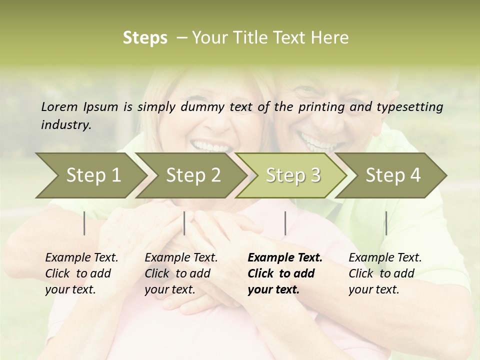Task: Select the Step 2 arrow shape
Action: click(x=192, y=175)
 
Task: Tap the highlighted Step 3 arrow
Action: click(x=292, y=175)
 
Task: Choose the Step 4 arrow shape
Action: click(x=392, y=175)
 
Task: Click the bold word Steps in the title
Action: click(x=145, y=38)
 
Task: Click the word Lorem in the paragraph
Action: click(x=59, y=107)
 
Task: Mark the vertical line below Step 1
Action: click(x=84, y=223)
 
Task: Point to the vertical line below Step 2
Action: click(x=184, y=223)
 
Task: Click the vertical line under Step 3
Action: click(x=285, y=223)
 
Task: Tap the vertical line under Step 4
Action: click(x=386, y=223)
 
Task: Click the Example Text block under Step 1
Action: click(x=81, y=273)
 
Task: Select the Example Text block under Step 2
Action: click(x=181, y=273)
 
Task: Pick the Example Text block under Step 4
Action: click(x=385, y=273)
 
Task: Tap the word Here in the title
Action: click(x=332, y=38)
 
